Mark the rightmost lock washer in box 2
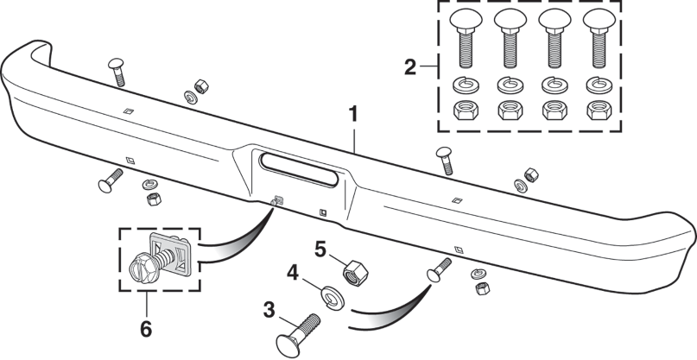[596, 85]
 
